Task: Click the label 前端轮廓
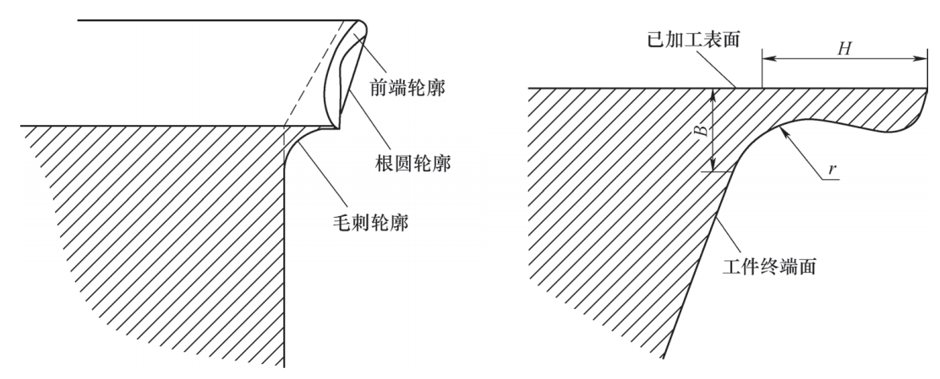407,89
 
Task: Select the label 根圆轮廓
413,164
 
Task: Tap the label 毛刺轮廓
370,223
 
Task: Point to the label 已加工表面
694,40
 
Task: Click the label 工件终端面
769,266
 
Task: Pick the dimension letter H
844,48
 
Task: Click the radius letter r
832,170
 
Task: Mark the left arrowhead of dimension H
768,59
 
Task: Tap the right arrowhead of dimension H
921,59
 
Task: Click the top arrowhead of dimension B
712,95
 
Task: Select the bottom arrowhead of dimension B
712,165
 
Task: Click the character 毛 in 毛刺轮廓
342,223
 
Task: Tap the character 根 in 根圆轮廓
386,164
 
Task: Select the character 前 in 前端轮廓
379,89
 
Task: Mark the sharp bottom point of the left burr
339,127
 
